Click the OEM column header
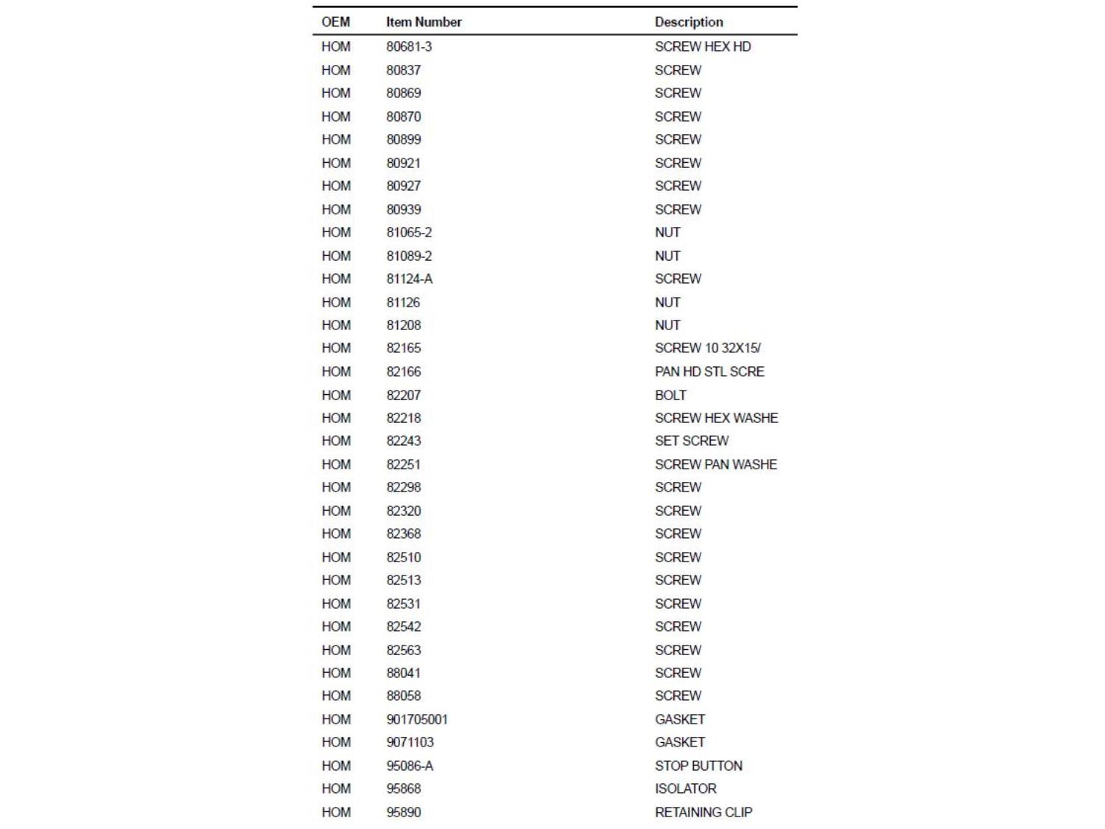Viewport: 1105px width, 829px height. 335,22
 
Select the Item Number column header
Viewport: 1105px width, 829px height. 424,22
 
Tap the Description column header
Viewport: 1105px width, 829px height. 689,22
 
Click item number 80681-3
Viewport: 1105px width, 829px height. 409,46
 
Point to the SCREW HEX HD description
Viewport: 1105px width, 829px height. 703,46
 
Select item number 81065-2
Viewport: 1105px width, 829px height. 409,232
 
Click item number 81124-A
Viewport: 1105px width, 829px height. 410,279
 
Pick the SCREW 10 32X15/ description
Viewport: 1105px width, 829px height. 708,348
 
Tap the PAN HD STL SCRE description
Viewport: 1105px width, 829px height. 709,371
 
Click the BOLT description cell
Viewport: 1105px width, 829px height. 670,395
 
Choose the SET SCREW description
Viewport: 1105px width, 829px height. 692,441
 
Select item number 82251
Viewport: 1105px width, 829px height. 404,464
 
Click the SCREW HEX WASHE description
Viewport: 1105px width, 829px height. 716,418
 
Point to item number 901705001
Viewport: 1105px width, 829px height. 417,719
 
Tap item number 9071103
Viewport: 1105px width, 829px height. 410,742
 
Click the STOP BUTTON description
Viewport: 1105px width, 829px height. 698,766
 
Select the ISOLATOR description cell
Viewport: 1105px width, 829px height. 685,788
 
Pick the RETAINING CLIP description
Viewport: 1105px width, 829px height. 704,812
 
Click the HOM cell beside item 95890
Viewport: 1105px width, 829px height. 336,812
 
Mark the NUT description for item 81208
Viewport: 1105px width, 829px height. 667,325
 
